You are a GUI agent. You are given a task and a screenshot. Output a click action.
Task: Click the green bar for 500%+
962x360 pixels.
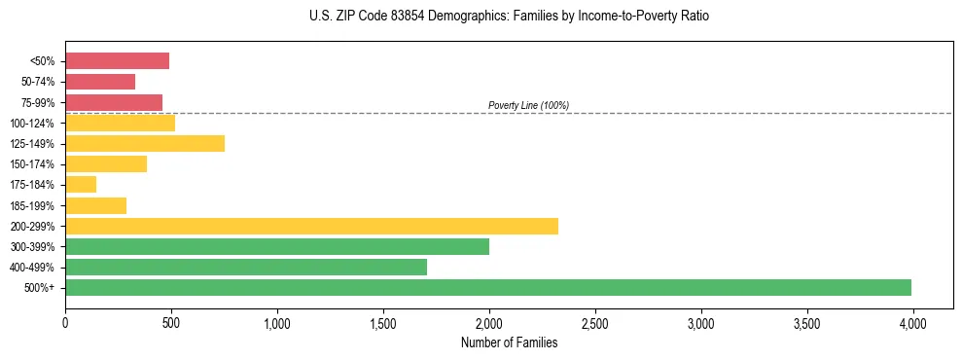coord(488,287)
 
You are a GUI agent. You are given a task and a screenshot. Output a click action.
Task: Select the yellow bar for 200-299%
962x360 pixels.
coord(311,226)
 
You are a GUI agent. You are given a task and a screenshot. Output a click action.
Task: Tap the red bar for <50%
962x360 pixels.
coord(117,60)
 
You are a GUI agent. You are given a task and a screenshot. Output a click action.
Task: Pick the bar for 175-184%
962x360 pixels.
coord(81,184)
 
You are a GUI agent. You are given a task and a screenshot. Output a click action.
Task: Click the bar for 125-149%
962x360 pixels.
coord(145,143)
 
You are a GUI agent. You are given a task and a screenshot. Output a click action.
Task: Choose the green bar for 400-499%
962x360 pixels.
coord(246,267)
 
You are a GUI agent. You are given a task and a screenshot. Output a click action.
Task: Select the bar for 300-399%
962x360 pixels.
coord(277,246)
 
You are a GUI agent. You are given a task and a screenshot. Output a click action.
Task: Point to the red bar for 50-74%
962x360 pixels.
coord(100,82)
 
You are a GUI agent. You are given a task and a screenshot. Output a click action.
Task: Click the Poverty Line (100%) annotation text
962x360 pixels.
coord(528,105)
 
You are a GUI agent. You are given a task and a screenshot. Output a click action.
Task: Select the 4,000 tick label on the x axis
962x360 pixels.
coord(912,321)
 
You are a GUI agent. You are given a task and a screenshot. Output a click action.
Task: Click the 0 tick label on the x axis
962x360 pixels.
coord(65,321)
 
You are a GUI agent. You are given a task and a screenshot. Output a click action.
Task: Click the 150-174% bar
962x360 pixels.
coord(106,163)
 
